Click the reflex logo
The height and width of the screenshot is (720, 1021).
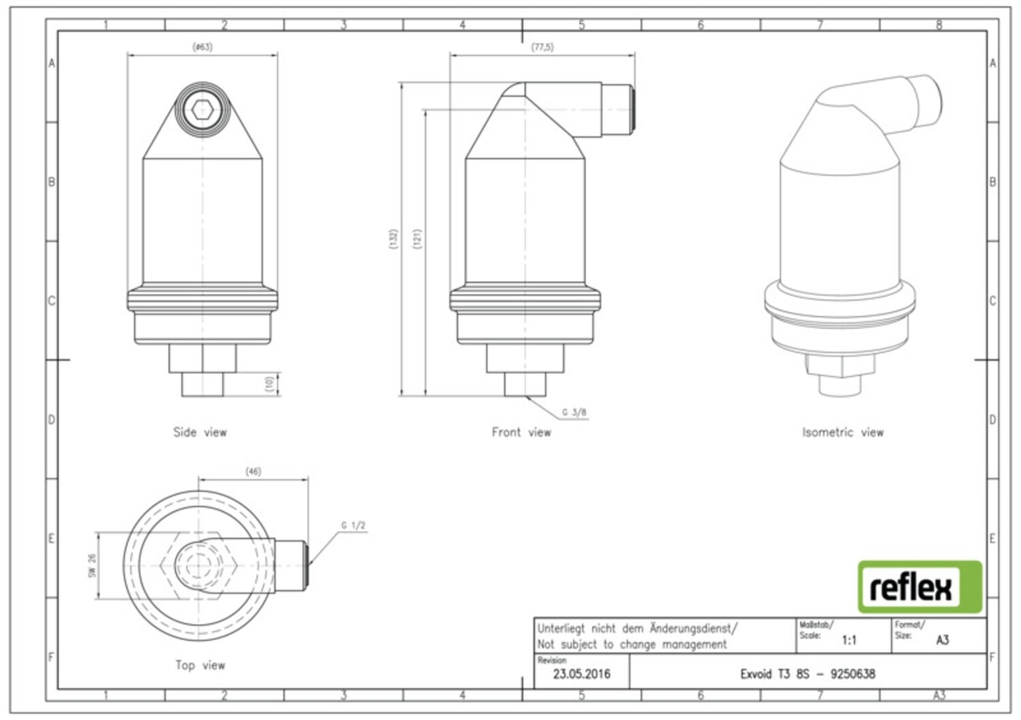pyautogui.click(x=920, y=587)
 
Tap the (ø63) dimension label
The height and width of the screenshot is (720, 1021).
pyautogui.click(x=202, y=47)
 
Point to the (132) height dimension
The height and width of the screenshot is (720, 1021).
pyautogui.click(x=393, y=239)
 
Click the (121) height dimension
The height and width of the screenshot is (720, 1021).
pyautogui.click(x=417, y=239)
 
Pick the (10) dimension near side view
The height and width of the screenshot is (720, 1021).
pyautogui.click(x=269, y=383)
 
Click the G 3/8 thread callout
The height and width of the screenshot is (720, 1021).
pyautogui.click(x=574, y=412)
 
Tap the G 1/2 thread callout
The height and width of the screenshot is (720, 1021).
pyautogui.click(x=353, y=525)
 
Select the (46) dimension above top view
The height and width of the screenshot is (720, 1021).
pyautogui.click(x=254, y=471)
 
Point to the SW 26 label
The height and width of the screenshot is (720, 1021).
pyautogui.click(x=93, y=566)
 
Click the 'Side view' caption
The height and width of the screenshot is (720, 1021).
pyautogui.click(x=200, y=432)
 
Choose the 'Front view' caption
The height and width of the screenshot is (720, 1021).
pyautogui.click(x=522, y=432)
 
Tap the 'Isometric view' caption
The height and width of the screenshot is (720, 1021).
pyautogui.click(x=843, y=432)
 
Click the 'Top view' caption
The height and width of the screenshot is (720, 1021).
pyautogui.click(x=201, y=666)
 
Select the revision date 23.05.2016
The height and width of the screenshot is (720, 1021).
pyautogui.click(x=582, y=674)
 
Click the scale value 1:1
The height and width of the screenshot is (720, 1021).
pyautogui.click(x=849, y=640)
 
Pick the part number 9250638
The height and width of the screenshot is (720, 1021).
pyautogui.click(x=853, y=674)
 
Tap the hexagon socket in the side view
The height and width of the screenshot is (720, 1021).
pyautogui.click(x=202, y=110)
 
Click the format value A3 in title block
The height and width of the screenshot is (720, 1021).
pyautogui.click(x=943, y=640)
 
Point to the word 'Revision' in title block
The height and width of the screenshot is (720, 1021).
pyautogui.click(x=552, y=660)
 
